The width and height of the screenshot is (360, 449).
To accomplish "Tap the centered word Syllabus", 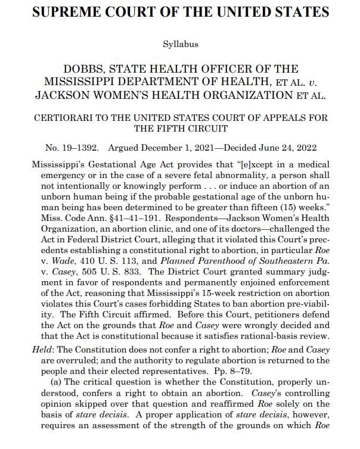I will pos(180,44).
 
